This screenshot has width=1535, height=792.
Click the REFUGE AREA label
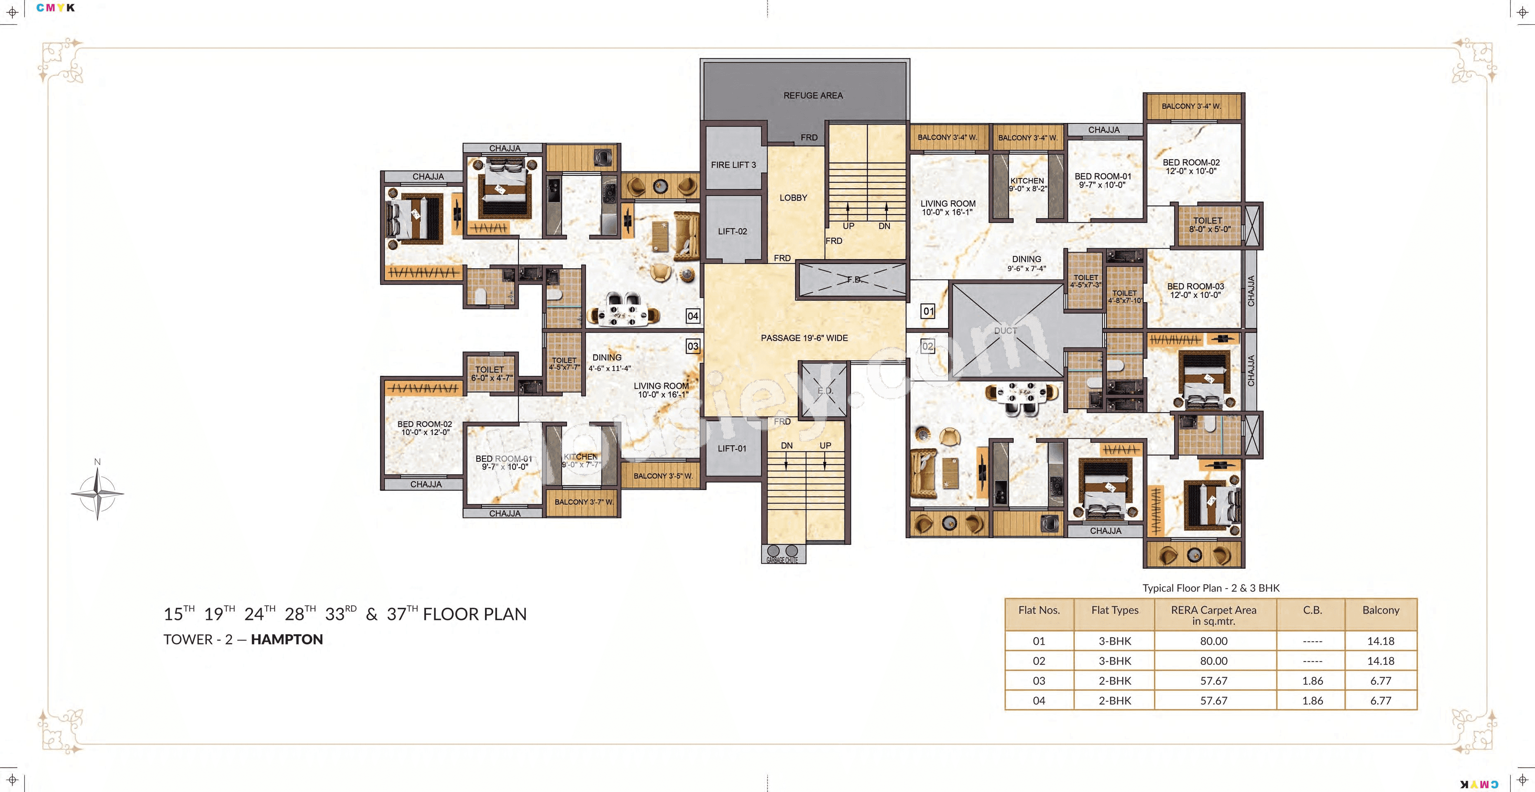pyautogui.click(x=813, y=95)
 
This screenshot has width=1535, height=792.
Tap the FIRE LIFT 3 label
pyautogui.click(x=733, y=165)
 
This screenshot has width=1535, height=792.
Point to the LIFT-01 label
pyautogui.click(x=732, y=449)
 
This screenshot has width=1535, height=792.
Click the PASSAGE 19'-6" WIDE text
pyautogui.click(x=804, y=338)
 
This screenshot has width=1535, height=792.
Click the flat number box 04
pyautogui.click(x=693, y=316)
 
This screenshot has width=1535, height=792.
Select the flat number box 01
pyautogui.click(x=928, y=311)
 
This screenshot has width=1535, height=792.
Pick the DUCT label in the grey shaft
pyautogui.click(x=1005, y=331)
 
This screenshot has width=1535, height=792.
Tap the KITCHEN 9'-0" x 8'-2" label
pyautogui.click(x=1027, y=184)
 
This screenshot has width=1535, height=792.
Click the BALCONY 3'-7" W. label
pyautogui.click(x=583, y=502)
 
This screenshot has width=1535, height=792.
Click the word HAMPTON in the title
pyautogui.click(x=286, y=639)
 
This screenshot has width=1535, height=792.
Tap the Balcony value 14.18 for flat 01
pyautogui.click(x=1380, y=641)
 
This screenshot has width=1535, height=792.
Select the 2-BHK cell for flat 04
pyautogui.click(x=1114, y=701)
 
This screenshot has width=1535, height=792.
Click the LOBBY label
pyautogui.click(x=793, y=198)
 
